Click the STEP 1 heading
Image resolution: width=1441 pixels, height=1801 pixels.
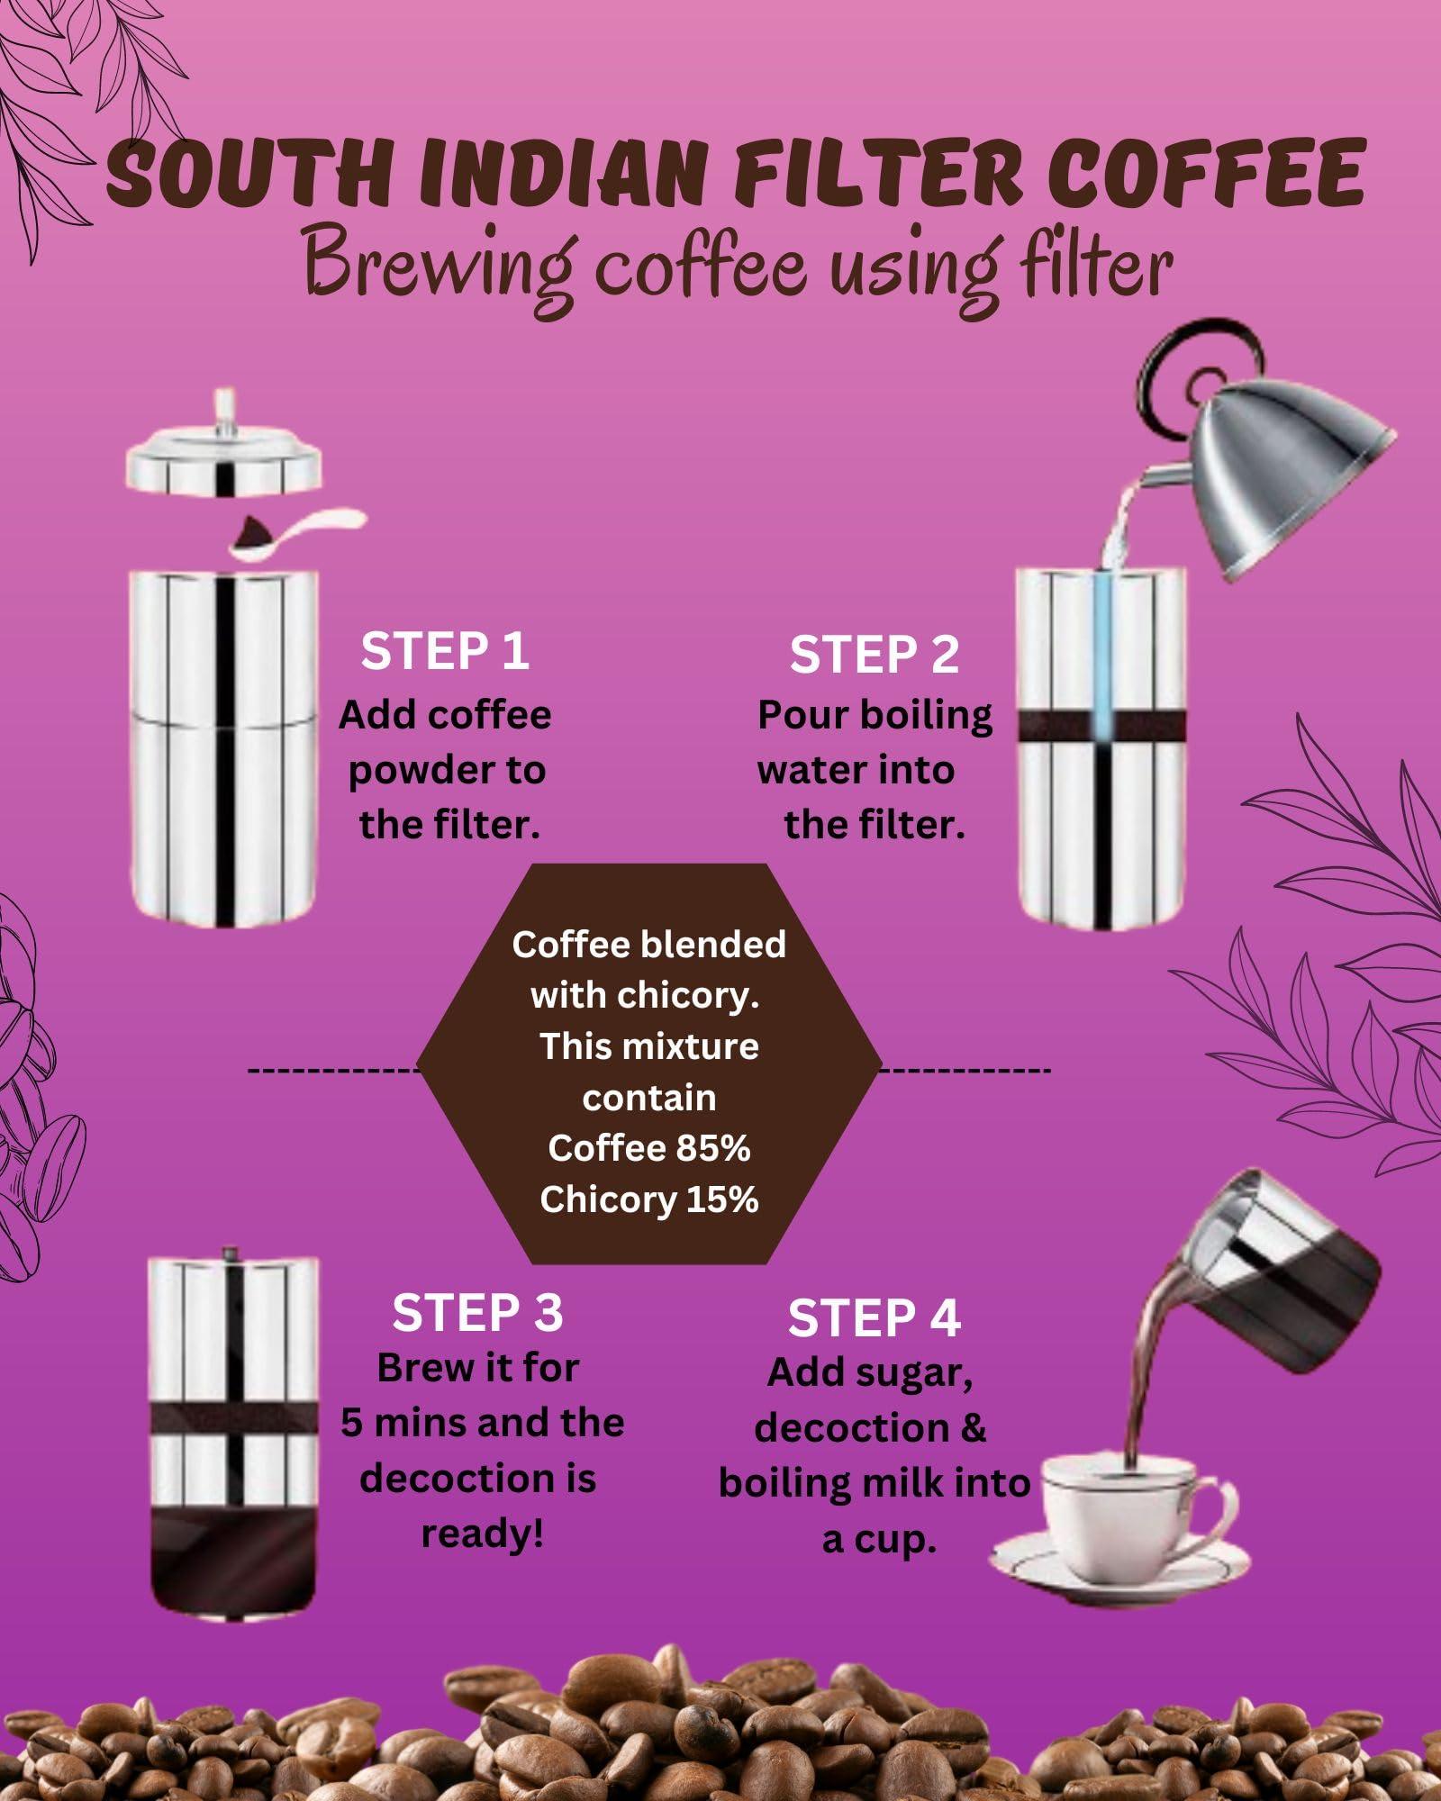445,651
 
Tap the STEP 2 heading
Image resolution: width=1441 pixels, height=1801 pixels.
875,655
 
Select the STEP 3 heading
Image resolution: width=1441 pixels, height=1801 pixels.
477,1313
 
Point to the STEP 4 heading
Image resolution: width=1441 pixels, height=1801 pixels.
875,1319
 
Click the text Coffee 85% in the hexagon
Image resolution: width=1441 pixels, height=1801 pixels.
649,1149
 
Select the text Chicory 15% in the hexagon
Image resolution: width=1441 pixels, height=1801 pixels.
649,1200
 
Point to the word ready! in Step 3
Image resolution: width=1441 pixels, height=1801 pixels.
483,1534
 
